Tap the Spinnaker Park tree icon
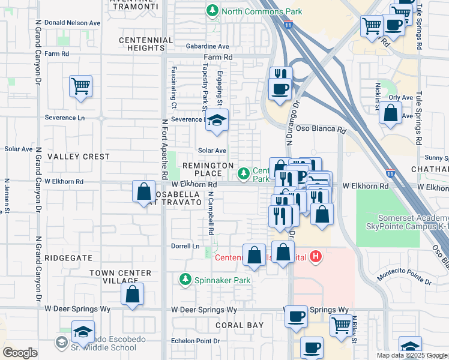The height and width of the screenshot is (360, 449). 185,280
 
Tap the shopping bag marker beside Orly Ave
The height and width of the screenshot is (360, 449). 391,113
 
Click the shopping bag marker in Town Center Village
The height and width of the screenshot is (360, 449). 132,295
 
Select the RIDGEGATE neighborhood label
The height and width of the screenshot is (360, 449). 68,257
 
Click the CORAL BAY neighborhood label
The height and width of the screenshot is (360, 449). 240,325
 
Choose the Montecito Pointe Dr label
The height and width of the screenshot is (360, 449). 403,277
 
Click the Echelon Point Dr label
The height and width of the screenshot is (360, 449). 196,341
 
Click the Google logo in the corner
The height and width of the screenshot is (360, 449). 20,353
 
